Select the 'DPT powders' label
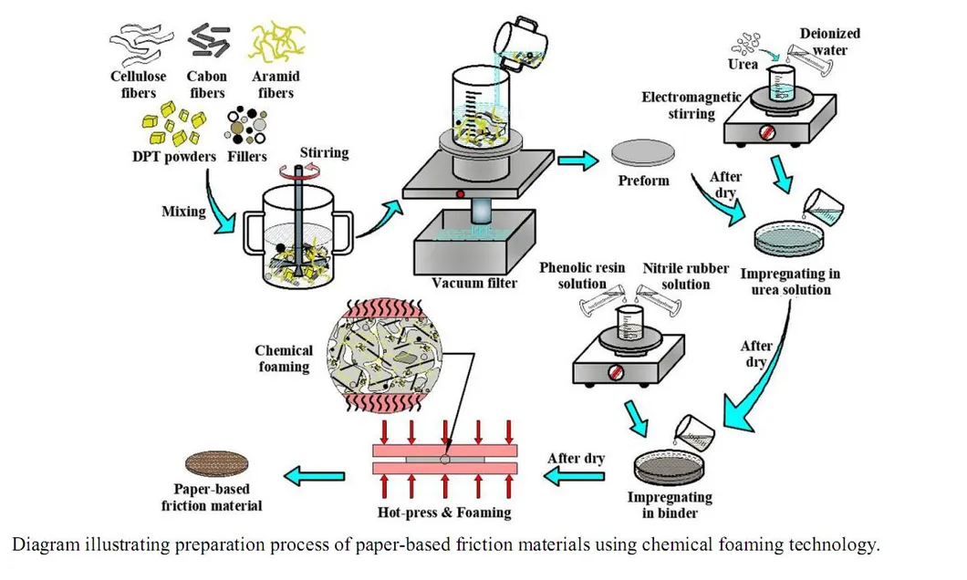(173, 156)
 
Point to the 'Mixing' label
(182, 211)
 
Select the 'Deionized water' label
(829, 41)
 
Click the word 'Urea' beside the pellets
(743, 65)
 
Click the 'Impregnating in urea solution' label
(791, 282)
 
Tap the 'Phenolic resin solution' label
(582, 275)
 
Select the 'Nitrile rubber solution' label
(686, 275)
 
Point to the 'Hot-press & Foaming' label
(444, 512)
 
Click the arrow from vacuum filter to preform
(577, 161)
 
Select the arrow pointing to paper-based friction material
(315, 473)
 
